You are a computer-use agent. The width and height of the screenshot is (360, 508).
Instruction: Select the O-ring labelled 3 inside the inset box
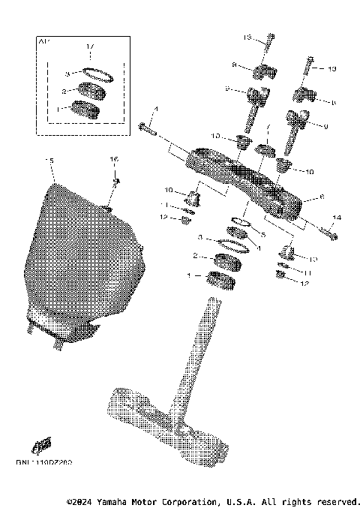(96, 74)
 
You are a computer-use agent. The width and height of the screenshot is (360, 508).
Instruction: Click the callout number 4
(155, 110)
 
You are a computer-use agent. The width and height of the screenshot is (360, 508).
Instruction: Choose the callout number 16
(115, 159)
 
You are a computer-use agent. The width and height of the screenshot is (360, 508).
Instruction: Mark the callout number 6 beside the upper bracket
(321, 197)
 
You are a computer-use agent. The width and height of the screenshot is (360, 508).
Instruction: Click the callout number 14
(336, 217)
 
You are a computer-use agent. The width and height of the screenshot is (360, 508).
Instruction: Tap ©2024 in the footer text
(79, 500)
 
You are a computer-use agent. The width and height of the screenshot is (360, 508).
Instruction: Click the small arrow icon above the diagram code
(45, 445)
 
